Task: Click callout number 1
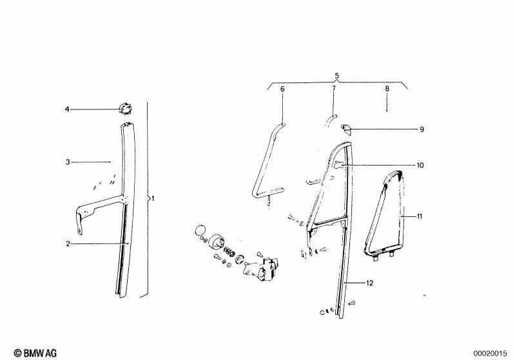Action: (x=153, y=198)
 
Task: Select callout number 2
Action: (x=68, y=244)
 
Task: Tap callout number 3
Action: (x=68, y=162)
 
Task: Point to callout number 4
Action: (x=67, y=109)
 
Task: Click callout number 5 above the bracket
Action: (x=337, y=76)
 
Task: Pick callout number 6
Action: (x=282, y=89)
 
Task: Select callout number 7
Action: (x=334, y=88)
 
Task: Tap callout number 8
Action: (x=387, y=88)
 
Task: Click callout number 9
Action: (x=422, y=129)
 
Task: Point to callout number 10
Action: (x=420, y=165)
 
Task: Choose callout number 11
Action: (x=420, y=216)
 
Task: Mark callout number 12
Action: (x=369, y=283)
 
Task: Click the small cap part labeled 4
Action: (x=125, y=108)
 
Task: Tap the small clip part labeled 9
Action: (x=346, y=129)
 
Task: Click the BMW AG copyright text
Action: (x=35, y=353)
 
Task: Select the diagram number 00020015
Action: (x=491, y=354)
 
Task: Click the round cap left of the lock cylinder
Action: (x=200, y=230)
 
